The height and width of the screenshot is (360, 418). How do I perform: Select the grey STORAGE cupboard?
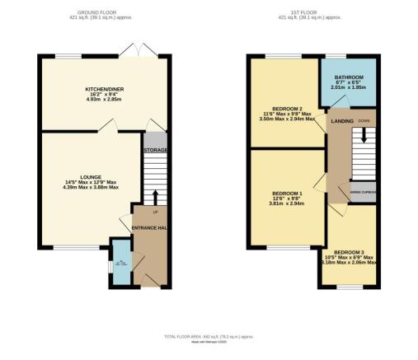point(155,151)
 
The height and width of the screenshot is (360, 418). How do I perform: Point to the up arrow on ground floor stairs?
point(155,195)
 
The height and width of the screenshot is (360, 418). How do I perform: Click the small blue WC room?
point(121,264)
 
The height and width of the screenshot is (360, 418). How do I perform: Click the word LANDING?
point(342,121)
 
